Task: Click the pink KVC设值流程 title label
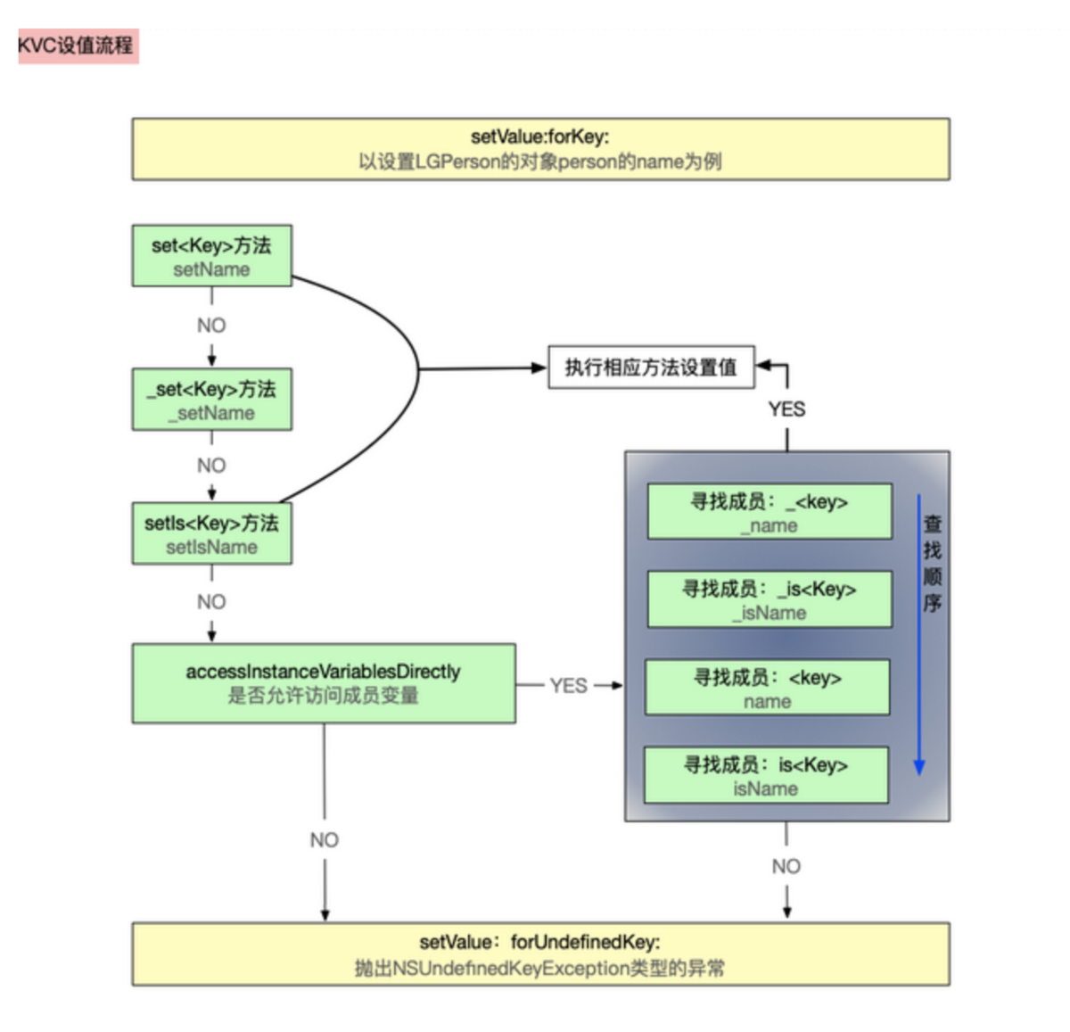point(77,45)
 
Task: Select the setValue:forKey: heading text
point(540,136)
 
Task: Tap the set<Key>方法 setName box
point(211,256)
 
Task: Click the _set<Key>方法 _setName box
point(211,400)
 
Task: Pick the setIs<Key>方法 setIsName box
point(211,534)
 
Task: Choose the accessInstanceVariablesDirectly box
point(323,683)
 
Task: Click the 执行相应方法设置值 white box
point(650,367)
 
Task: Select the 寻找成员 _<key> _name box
point(769,512)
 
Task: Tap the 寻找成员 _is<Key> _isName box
point(769,599)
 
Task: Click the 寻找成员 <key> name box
point(767,688)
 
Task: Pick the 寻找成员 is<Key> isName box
point(765,775)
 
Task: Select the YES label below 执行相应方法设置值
point(786,409)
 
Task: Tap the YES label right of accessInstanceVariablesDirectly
point(568,686)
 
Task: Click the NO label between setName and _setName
point(211,326)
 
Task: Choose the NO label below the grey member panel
point(786,866)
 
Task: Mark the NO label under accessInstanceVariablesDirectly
point(325,840)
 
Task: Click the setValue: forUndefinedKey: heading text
point(540,943)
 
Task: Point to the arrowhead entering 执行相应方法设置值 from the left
point(539,367)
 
